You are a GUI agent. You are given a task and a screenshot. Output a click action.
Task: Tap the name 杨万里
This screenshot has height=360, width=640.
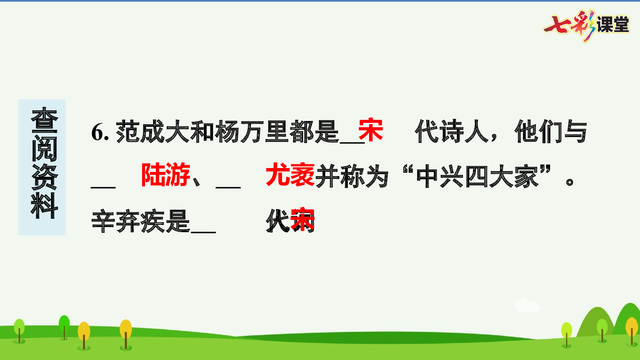click(x=239, y=131)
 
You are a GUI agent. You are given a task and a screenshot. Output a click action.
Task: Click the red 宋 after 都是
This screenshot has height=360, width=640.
click(x=370, y=130)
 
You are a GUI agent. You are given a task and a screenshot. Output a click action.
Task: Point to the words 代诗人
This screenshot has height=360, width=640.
click(x=451, y=131)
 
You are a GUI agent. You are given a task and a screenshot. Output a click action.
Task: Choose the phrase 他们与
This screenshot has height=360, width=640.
click(x=550, y=131)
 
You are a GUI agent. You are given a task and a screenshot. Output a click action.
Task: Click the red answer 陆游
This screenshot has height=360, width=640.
click(x=166, y=175)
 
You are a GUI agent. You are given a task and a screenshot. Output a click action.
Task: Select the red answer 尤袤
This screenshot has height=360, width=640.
click(x=290, y=175)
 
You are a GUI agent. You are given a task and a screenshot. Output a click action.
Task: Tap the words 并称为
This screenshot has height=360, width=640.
click(x=352, y=176)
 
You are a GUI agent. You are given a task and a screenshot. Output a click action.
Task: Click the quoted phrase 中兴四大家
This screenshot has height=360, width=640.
click(x=477, y=176)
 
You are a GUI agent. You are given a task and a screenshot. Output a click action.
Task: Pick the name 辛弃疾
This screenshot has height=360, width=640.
click(x=128, y=221)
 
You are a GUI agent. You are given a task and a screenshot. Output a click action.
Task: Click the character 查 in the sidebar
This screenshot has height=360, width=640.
click(x=44, y=120)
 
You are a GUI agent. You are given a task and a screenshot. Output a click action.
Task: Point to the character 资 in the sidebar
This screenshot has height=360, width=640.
click(x=44, y=177)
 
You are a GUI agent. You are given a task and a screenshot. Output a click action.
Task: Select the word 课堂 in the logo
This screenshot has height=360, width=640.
click(x=613, y=25)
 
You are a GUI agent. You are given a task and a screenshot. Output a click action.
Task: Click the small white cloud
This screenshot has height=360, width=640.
click(x=527, y=305)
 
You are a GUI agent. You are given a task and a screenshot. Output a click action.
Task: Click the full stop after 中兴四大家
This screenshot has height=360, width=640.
click(x=570, y=182)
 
